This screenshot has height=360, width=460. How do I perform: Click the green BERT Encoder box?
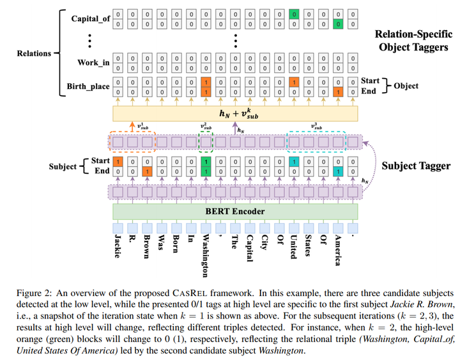[234, 211]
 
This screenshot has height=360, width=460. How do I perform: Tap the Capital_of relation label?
[90, 19]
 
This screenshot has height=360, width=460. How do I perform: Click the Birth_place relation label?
[88, 87]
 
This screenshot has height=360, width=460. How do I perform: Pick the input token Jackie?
[118, 246]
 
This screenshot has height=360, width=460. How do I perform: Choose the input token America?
[338, 249]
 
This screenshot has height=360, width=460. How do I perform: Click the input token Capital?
[250, 247]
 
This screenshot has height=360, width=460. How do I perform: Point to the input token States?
[309, 246]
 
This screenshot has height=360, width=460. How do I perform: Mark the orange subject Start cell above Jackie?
[118, 162]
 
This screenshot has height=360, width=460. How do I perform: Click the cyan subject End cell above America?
[338, 172]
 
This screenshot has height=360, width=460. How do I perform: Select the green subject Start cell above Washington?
[206, 162]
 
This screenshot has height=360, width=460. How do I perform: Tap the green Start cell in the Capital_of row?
[294, 13]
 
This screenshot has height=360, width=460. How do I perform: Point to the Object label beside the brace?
[406, 86]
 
